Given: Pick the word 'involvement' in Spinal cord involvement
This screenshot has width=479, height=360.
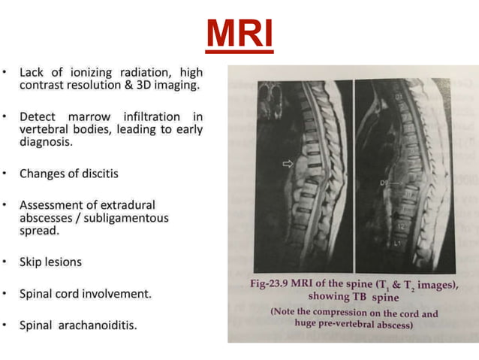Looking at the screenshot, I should [120, 294].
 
